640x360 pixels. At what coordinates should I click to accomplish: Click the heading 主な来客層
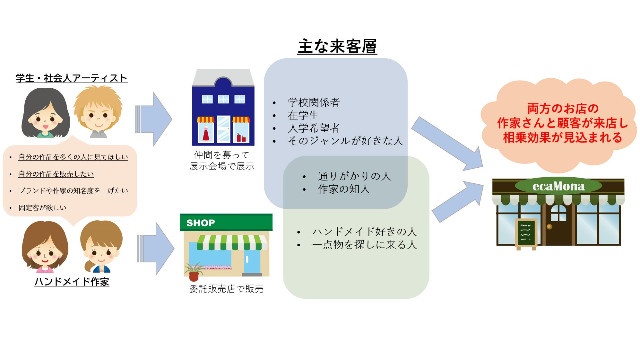[337, 47]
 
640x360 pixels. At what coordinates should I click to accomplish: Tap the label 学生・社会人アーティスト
[72, 78]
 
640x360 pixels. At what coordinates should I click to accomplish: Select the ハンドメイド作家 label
[72, 282]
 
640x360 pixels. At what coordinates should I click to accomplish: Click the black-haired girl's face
[45, 117]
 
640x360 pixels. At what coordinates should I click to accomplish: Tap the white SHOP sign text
[201, 223]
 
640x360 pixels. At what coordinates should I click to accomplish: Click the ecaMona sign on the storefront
[558, 186]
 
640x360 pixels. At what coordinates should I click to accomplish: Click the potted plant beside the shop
[194, 272]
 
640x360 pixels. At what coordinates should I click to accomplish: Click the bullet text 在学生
[303, 115]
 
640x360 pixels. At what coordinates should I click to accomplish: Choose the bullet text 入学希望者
[314, 128]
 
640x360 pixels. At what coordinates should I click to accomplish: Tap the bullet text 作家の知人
[343, 189]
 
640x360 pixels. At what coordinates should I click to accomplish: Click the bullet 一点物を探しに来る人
[364, 245]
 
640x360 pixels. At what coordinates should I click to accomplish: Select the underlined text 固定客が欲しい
[42, 208]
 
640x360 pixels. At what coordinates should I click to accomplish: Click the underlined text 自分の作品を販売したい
[56, 174]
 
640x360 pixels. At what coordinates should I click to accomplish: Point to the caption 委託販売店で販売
[226, 289]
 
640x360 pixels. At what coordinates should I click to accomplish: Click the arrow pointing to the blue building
[153, 119]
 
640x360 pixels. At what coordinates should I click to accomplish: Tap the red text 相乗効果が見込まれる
[562, 137]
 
